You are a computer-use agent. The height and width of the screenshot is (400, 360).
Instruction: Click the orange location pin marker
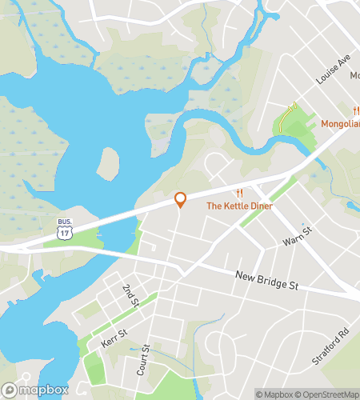181,199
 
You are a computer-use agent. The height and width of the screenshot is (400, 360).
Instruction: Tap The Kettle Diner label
239,206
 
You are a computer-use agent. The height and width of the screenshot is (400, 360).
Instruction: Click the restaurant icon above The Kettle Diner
239,194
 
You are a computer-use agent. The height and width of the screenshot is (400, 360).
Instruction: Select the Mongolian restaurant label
341,124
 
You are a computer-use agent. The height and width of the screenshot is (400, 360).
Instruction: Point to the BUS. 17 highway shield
65,228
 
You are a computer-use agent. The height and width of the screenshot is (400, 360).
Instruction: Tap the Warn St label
295,241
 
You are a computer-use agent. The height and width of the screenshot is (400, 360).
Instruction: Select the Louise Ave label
334,70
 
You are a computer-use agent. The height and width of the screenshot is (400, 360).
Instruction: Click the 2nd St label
130,294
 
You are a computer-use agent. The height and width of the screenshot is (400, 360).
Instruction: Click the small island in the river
108,164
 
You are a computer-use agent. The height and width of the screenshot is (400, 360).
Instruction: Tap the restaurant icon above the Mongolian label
356,110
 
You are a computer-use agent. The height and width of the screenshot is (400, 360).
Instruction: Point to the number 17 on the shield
65,232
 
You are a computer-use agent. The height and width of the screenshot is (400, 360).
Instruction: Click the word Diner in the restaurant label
259,206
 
